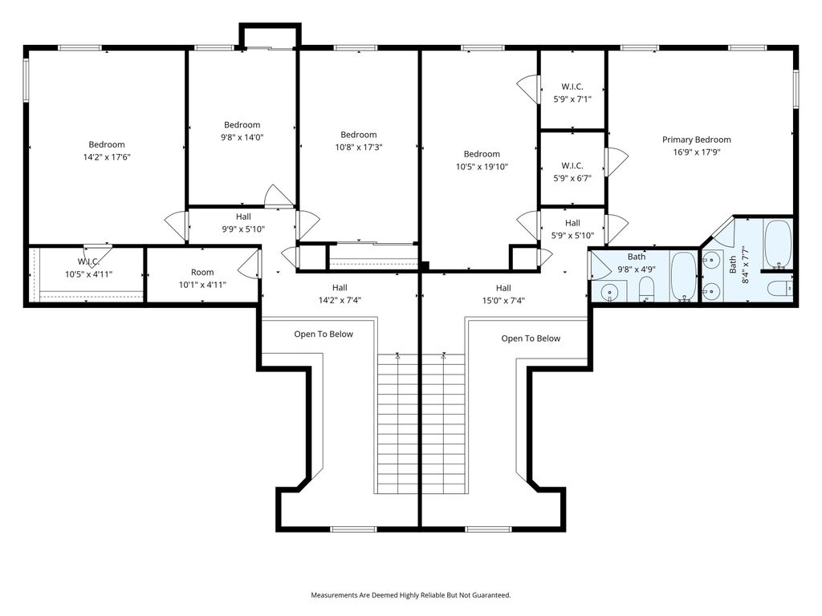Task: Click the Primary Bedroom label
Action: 696,140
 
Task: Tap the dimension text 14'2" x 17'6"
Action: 107,157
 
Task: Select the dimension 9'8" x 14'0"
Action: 242,137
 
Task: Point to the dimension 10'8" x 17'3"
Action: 359,148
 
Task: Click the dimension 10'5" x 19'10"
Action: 482,167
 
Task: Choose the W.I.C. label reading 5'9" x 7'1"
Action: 572,99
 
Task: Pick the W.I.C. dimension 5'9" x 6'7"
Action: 572,178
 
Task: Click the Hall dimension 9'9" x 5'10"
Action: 243,229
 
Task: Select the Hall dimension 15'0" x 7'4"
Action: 503,300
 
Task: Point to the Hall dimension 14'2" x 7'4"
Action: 340,300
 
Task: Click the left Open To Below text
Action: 324,334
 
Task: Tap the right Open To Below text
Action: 531,338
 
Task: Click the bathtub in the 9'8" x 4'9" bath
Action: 683,277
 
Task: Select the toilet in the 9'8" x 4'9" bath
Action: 646,289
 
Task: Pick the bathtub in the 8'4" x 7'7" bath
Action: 777,244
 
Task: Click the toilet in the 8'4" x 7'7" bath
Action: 779,289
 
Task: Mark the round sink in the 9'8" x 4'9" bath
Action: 609,292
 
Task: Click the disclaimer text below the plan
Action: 411,595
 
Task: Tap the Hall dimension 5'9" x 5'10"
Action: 572,236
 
